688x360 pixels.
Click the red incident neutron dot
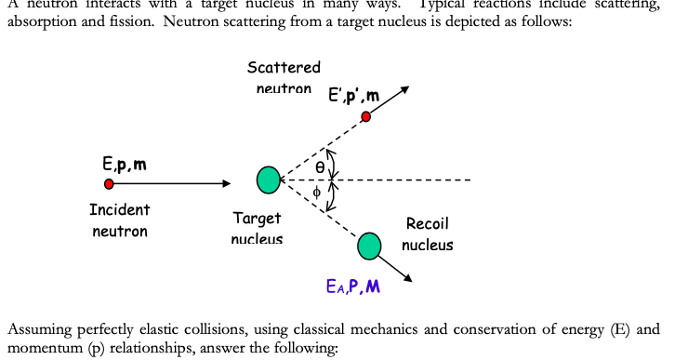pyautogui.click(x=110, y=184)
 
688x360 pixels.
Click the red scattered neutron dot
pyautogui.click(x=366, y=116)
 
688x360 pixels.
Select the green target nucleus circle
pyautogui.click(x=269, y=180)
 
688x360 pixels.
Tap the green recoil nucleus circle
pyautogui.click(x=370, y=246)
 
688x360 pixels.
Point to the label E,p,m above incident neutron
pyautogui.click(x=124, y=165)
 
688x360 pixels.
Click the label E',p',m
pyautogui.click(x=353, y=96)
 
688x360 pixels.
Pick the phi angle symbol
pyautogui.click(x=316, y=193)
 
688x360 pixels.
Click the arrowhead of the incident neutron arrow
pyautogui.click(x=226, y=184)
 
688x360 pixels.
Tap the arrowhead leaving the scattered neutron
pyautogui.click(x=404, y=90)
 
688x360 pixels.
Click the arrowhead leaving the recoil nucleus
pyautogui.click(x=409, y=277)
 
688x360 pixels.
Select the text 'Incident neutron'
pyautogui.click(x=119, y=220)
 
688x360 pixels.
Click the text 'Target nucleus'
pyautogui.click(x=257, y=229)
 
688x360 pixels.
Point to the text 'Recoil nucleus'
pyautogui.click(x=428, y=233)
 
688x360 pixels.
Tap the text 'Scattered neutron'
pyautogui.click(x=284, y=77)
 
